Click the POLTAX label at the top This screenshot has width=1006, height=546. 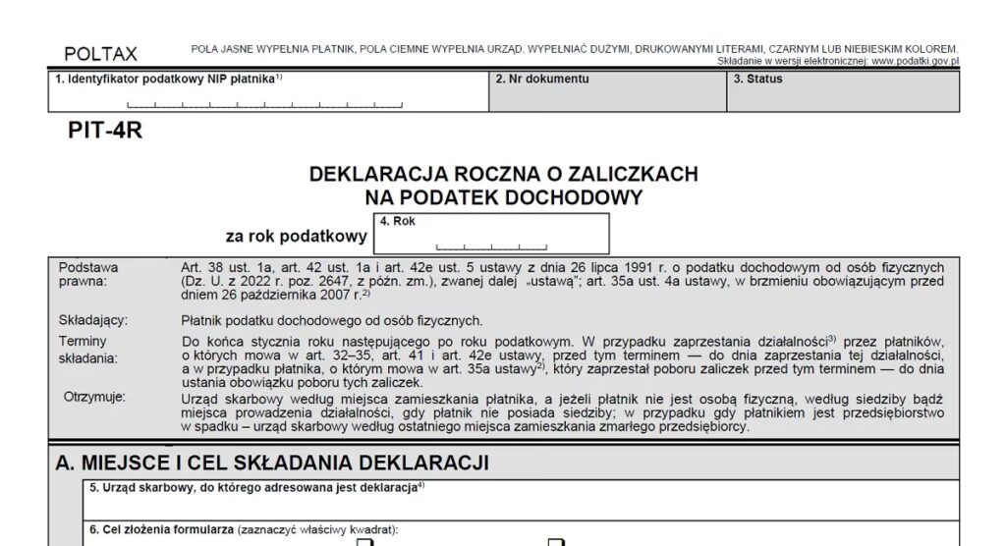tap(100, 54)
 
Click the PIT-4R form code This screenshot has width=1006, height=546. tap(105, 131)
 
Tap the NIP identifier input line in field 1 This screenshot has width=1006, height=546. tap(265, 102)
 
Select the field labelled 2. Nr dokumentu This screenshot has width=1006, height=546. tap(608, 92)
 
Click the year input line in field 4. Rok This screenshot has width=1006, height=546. tap(491, 245)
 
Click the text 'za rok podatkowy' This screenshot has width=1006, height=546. tap(296, 236)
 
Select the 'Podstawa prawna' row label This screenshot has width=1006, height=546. tap(88, 274)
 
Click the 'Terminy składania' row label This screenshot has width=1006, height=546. tap(88, 349)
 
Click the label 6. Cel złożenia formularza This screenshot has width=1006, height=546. tap(242, 529)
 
